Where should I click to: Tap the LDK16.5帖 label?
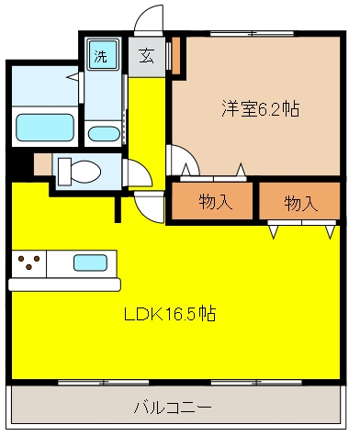(170, 314)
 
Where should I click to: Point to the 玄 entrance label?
(146, 56)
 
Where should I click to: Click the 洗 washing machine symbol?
(100, 55)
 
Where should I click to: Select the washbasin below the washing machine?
(104, 132)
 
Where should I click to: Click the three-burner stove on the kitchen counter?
(29, 263)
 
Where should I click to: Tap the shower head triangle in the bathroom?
(70, 81)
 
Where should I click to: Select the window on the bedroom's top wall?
(245, 32)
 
